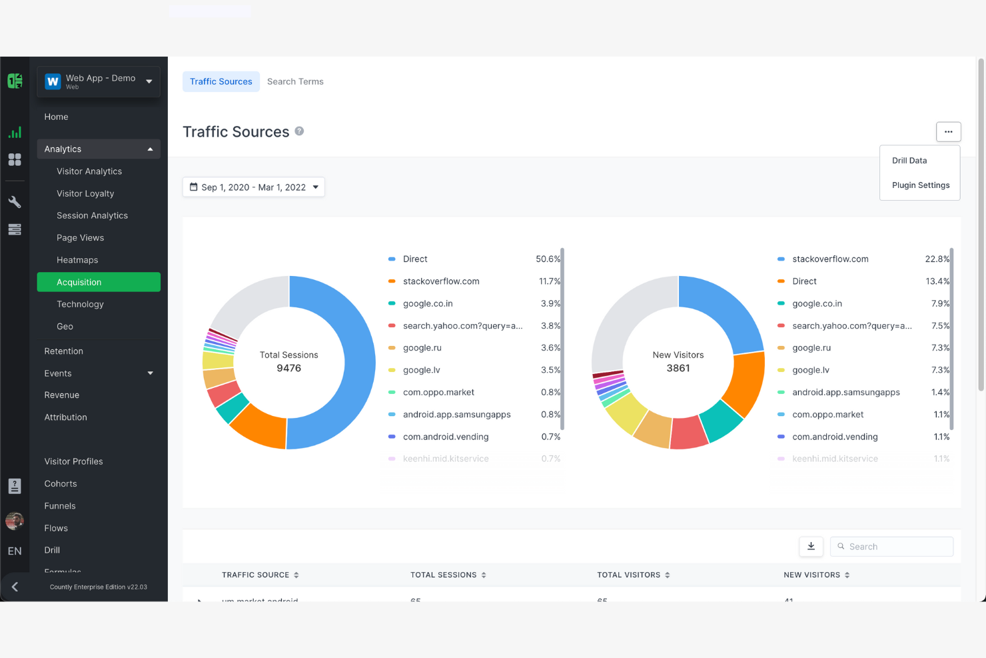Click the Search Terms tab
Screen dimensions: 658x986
295,81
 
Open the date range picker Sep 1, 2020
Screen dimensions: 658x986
253,187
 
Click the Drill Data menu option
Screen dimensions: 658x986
909,161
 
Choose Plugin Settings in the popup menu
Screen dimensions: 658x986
921,185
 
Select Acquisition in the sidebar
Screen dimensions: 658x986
99,282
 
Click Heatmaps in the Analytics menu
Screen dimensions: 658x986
77,260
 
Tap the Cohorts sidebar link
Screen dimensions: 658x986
61,484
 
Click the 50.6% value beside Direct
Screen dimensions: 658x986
548,259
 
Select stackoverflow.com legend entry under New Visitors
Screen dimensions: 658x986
830,259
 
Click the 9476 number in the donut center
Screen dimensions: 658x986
289,369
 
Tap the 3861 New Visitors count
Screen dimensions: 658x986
678,369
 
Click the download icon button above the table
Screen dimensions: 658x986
811,547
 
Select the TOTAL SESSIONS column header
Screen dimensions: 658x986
444,575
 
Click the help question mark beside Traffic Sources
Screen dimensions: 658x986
299,131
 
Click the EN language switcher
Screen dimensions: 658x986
15,551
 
